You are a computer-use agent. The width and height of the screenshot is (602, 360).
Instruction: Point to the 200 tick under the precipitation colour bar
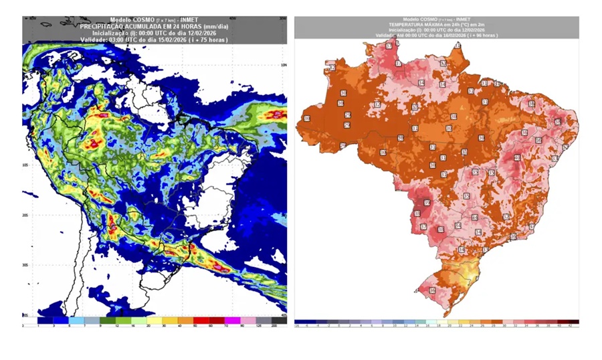pos(274,326)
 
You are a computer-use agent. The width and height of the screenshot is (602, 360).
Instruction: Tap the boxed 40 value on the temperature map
pos(516,159)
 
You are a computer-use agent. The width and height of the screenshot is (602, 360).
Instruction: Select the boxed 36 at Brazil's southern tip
pos(432,290)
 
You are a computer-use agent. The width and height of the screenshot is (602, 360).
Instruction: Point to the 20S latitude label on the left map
pos(25,215)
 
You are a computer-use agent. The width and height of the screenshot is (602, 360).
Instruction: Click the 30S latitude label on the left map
pos(25,265)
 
